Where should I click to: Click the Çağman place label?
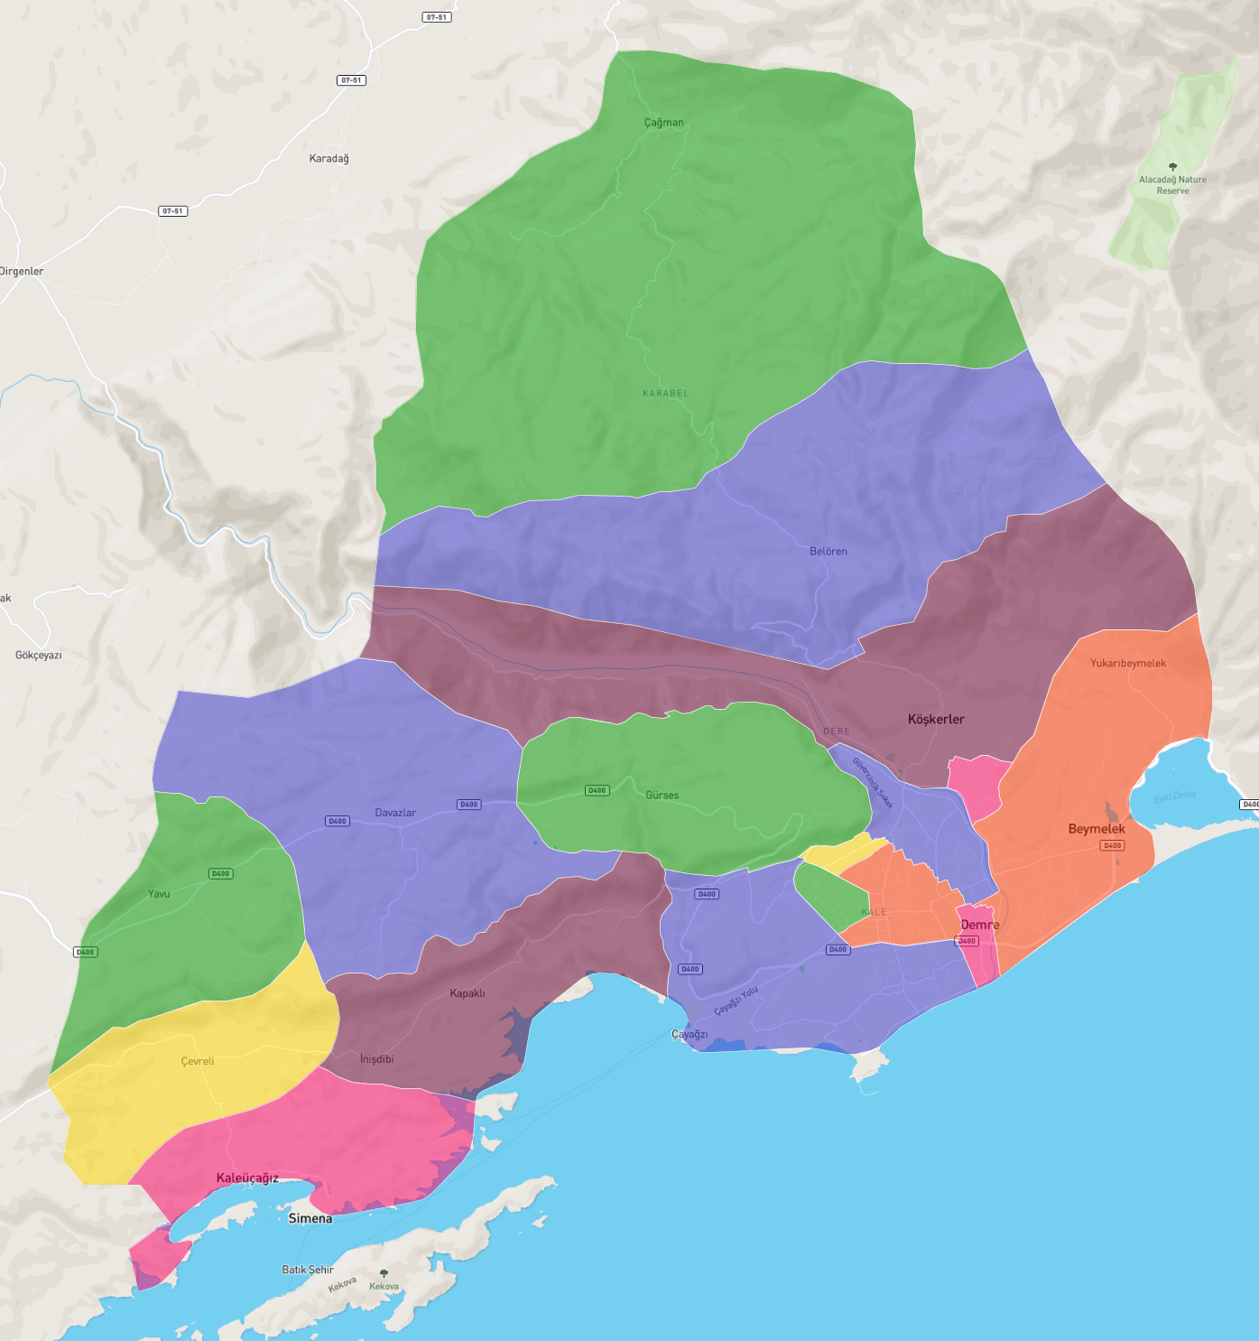[663, 123]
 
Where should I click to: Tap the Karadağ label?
[329, 159]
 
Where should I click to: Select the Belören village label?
[828, 552]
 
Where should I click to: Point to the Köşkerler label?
[936, 720]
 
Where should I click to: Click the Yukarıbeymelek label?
[1127, 664]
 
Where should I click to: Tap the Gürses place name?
[662, 796]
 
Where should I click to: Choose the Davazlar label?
[395, 813]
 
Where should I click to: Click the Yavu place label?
[159, 894]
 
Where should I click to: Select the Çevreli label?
[197, 1061]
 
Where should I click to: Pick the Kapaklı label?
[467, 993]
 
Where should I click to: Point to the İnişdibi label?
[376, 1059]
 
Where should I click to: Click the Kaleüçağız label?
[247, 1178]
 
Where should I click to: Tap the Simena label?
[310, 1219]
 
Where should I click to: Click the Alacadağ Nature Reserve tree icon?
[1172, 167]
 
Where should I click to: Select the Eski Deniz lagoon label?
[1175, 796]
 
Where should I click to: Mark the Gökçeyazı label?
[39, 656]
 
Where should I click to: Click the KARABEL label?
[665, 394]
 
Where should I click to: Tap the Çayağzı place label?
[690, 1035]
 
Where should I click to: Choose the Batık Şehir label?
[308, 1270]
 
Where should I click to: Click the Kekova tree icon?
[384, 1273]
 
